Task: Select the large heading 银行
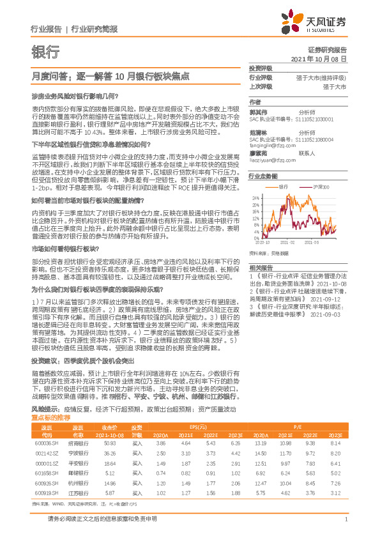45,52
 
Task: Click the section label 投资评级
261,68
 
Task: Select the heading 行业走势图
263,176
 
